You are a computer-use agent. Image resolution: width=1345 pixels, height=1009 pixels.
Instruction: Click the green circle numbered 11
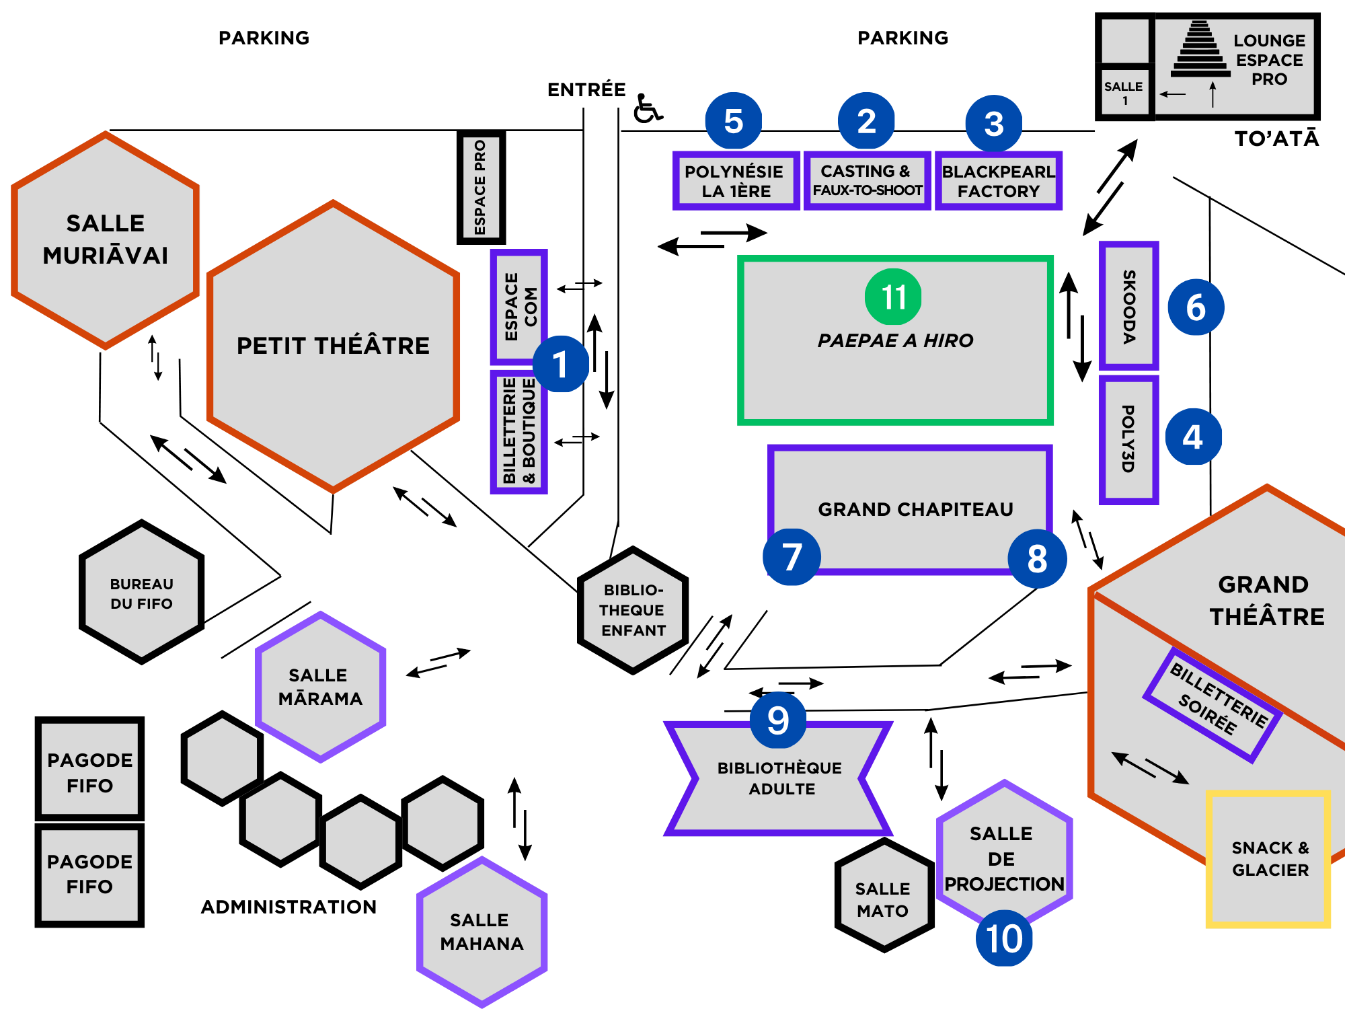[893, 297]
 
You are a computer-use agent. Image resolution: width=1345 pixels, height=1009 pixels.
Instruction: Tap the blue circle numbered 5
[734, 121]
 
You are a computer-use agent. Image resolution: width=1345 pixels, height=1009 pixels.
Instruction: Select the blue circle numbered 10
[1004, 938]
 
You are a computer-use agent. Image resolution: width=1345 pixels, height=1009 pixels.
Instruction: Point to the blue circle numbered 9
[778, 720]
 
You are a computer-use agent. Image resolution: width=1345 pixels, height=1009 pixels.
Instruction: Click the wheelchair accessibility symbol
[647, 109]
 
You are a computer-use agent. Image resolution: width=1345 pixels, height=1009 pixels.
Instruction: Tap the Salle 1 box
[1124, 93]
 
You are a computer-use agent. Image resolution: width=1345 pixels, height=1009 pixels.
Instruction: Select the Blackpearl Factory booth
[998, 181]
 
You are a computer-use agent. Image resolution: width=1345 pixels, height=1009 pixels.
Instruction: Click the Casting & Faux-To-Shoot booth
[867, 181]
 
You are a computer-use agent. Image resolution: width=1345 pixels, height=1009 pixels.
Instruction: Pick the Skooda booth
[1129, 306]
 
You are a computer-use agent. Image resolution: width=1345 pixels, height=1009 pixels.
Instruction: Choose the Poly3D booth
[1128, 439]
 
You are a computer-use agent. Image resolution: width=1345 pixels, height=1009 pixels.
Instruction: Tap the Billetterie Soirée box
[1213, 705]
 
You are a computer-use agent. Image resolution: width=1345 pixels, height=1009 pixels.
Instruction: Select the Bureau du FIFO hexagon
[141, 593]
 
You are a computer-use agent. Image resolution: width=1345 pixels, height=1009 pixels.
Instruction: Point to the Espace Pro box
[480, 187]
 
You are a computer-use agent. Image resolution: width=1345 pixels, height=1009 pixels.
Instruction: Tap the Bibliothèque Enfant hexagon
[633, 610]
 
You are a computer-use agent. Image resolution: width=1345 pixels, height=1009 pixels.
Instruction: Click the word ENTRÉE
[586, 89]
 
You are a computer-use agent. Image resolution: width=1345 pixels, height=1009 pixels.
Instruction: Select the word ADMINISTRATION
[289, 907]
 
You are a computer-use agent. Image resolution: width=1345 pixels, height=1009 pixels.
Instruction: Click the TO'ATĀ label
[1276, 139]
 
